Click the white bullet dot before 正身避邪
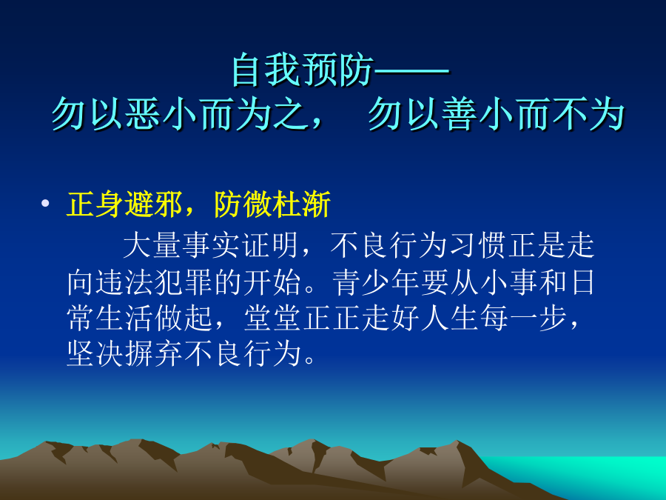pos(45,203)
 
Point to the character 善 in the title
pos(459,114)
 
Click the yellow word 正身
pos(95,204)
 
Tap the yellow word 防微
pos(243,204)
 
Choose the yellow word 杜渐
pos(302,204)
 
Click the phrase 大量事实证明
pos(211,245)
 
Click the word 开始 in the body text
pos(272,281)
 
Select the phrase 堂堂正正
pos(303,318)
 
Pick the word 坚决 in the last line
pos(95,354)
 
